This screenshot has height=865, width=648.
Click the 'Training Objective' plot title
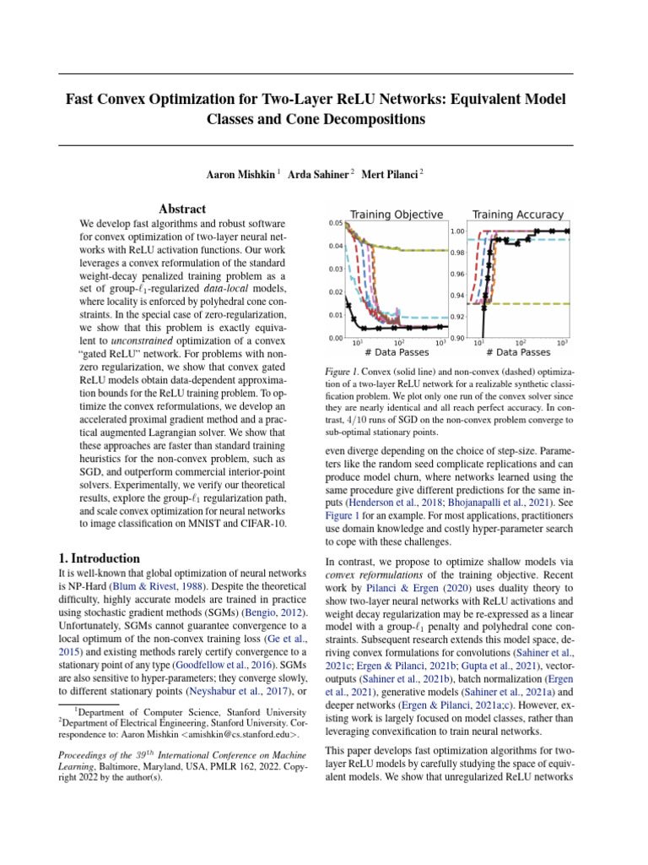[x=397, y=214]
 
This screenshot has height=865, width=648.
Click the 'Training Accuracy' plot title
[x=518, y=214]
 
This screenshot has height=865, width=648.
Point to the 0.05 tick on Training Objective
[x=335, y=223]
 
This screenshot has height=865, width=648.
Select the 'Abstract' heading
[x=182, y=209]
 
